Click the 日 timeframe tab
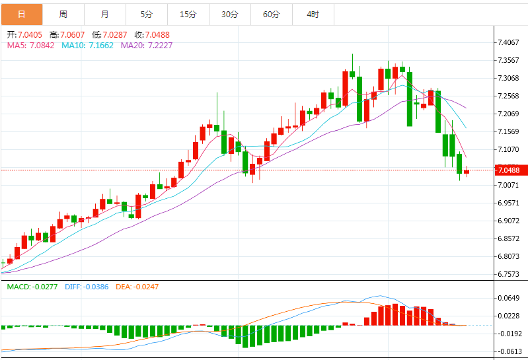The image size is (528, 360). (21, 14)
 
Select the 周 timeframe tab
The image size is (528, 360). (63, 14)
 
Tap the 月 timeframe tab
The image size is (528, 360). (105, 14)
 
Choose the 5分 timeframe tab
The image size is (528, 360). (146, 14)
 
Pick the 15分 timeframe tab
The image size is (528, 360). (188, 14)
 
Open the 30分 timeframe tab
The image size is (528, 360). (230, 14)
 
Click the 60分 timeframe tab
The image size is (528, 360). (272, 14)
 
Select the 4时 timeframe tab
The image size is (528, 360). (313, 14)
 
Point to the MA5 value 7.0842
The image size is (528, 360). (42, 46)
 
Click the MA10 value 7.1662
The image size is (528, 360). (96, 46)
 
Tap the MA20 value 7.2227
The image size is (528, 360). (156, 46)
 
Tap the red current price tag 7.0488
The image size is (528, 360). (511, 170)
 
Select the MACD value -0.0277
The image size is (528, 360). (44, 287)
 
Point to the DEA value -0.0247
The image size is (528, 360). (144, 287)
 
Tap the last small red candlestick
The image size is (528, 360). (467, 172)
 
